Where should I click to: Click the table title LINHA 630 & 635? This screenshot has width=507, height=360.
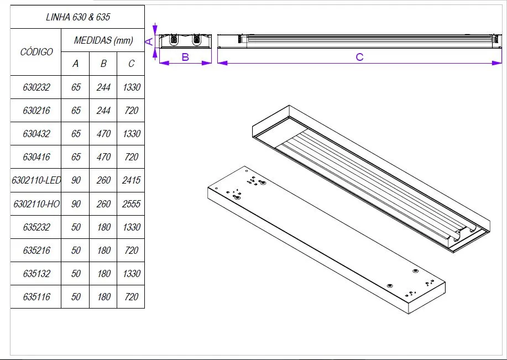pyautogui.click(x=77, y=17)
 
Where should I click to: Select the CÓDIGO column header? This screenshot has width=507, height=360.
pyautogui.click(x=36, y=52)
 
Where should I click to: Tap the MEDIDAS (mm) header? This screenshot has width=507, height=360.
pyautogui.click(x=103, y=40)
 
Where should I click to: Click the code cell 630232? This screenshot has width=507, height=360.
pyautogui.click(x=36, y=87)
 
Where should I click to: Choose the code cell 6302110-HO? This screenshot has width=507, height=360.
pyautogui.click(x=36, y=204)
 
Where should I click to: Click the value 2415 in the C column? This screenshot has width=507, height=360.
pyautogui.click(x=131, y=180)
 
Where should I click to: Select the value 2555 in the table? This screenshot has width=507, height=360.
pyautogui.click(x=131, y=204)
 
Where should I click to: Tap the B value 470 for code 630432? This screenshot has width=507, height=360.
pyautogui.click(x=103, y=134)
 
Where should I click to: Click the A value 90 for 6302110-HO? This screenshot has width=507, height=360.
pyautogui.click(x=76, y=204)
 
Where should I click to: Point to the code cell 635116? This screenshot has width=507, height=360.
pyautogui.click(x=36, y=297)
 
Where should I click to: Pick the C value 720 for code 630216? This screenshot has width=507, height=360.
pyautogui.click(x=131, y=111)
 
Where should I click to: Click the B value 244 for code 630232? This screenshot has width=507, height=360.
pyautogui.click(x=103, y=87)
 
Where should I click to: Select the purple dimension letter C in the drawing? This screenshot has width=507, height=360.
pyautogui.click(x=359, y=57)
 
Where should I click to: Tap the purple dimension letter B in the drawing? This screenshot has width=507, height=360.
pyautogui.click(x=185, y=57)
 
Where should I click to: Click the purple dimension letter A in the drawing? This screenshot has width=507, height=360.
pyautogui.click(x=149, y=41)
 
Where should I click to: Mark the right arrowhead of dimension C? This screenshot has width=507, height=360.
pyautogui.click(x=498, y=63)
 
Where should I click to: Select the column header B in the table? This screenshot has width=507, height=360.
pyautogui.click(x=103, y=64)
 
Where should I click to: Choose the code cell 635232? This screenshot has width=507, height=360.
pyautogui.click(x=36, y=227)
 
